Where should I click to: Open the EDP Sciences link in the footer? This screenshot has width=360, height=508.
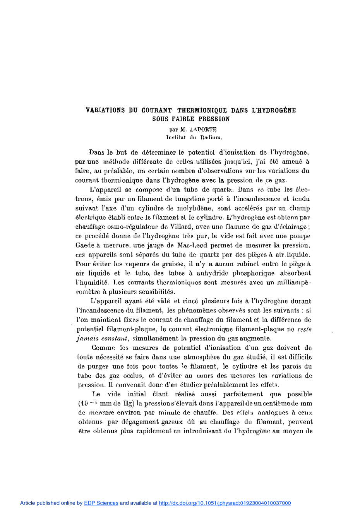coord(101,503)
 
